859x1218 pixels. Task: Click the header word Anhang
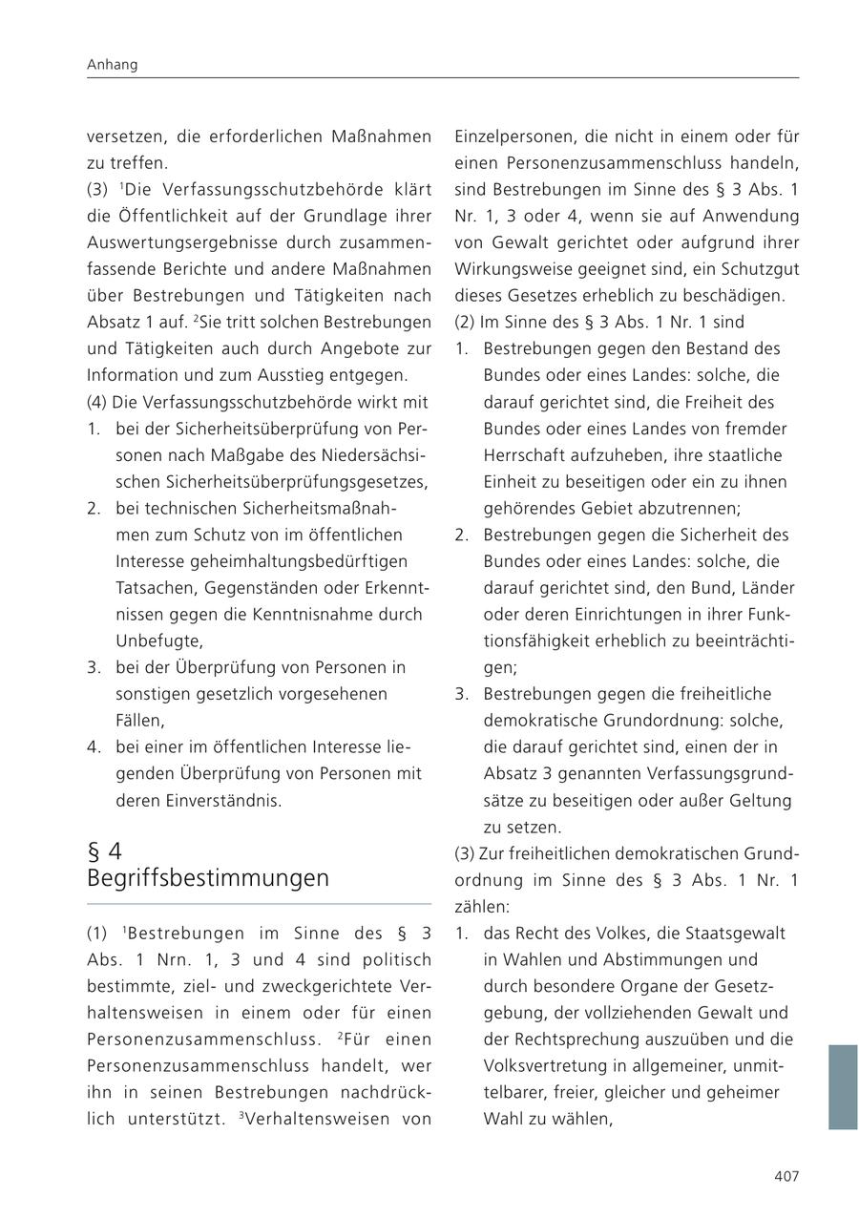[x=112, y=65]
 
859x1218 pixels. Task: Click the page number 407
[x=786, y=1176]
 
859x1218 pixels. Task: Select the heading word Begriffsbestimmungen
[x=208, y=877]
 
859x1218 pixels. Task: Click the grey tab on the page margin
[x=842, y=1086]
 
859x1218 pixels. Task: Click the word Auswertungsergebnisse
[x=202, y=242]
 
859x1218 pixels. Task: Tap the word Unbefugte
[x=158, y=640]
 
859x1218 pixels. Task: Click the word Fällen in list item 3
[x=139, y=721]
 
